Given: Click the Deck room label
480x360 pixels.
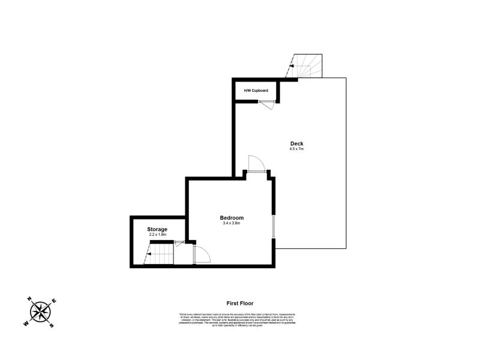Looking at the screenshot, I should tap(296, 143).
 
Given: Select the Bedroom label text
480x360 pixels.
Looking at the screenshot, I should tap(232, 217).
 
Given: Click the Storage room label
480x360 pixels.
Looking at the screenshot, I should tap(157, 229).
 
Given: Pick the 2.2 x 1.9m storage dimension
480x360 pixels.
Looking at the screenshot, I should tap(157, 235).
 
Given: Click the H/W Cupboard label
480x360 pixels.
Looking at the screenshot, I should tap(256, 91).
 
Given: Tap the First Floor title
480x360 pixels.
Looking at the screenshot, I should tap(239, 304).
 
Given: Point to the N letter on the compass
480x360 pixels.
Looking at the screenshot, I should tap(29, 299).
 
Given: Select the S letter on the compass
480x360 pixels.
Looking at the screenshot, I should tap(52, 325).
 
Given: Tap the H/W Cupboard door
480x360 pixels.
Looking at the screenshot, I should tap(266, 103).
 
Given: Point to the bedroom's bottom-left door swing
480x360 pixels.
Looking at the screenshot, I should tap(202, 254).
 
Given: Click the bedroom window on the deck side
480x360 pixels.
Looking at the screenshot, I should tap(273, 226).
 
